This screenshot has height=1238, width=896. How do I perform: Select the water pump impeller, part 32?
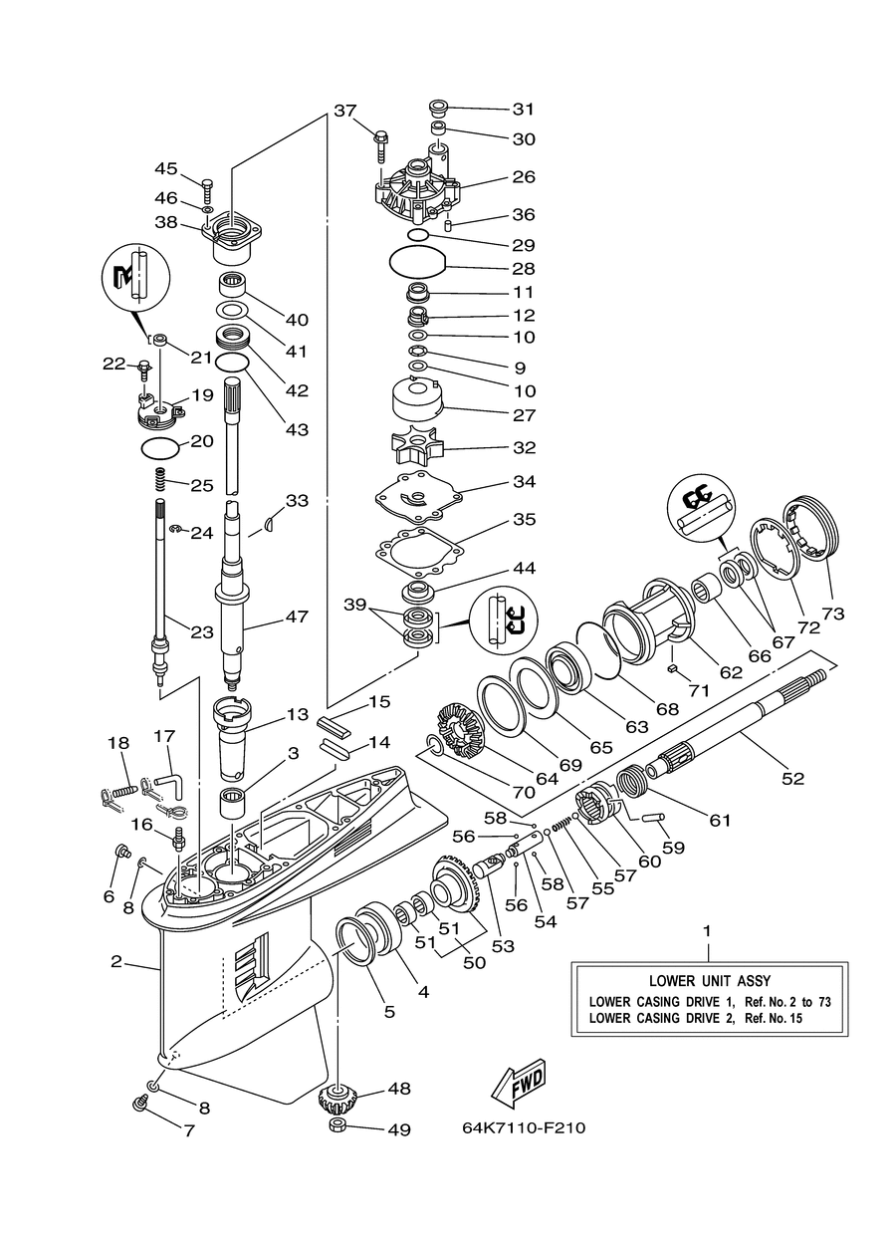(x=416, y=445)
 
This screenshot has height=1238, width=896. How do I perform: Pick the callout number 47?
(x=297, y=617)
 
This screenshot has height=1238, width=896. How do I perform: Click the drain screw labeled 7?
(x=140, y=1104)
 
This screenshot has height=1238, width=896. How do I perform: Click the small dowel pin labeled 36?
(x=449, y=225)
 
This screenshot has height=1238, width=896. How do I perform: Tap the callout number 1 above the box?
(x=707, y=931)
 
